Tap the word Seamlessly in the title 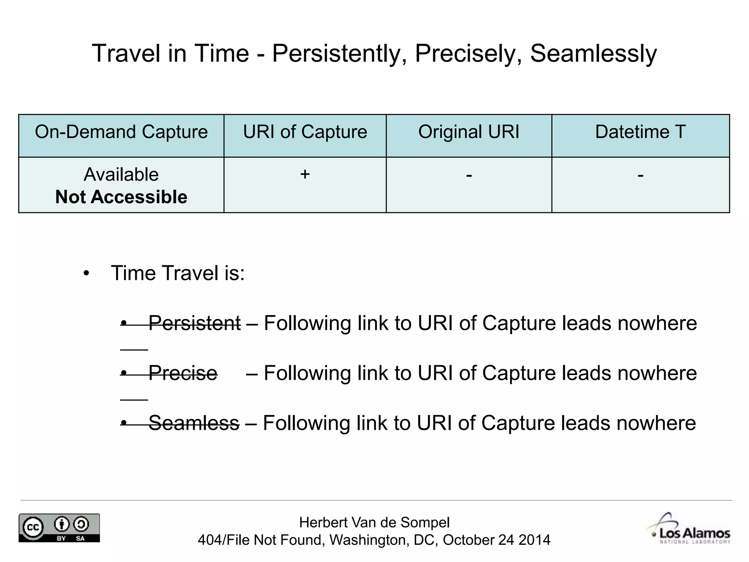(593, 54)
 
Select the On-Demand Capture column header (121, 132)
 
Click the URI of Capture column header (305, 132)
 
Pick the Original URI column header (468, 132)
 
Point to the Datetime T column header (640, 132)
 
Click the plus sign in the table (305, 174)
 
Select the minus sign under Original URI (469, 175)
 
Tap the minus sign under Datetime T (640, 175)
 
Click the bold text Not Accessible (121, 197)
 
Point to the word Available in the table (121, 175)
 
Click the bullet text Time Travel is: (178, 273)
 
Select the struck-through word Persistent (195, 323)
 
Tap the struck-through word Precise (183, 373)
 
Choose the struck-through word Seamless (194, 423)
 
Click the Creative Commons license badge (59, 528)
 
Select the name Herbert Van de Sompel (374, 522)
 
